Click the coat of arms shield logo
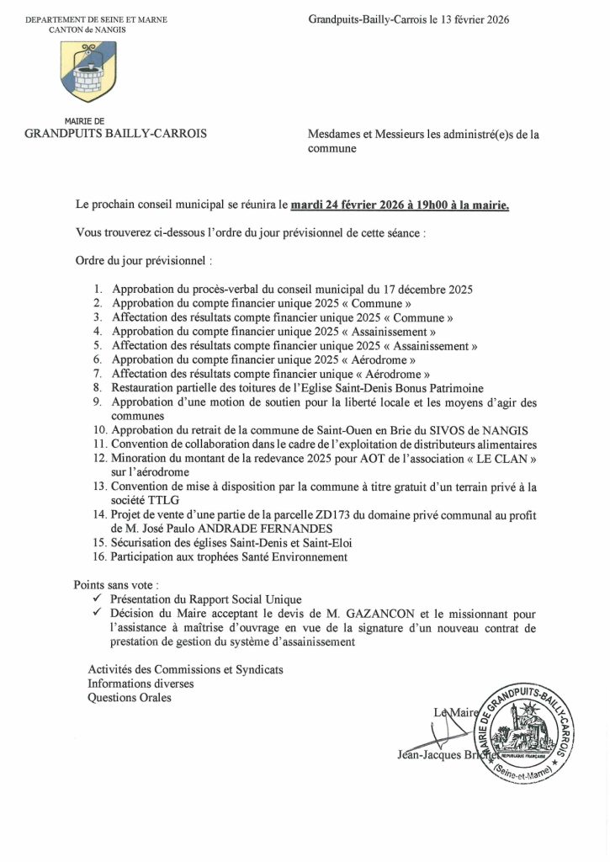(x=88, y=71)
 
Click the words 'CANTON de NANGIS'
(x=96, y=29)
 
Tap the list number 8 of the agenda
(x=97, y=388)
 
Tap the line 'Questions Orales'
(x=130, y=698)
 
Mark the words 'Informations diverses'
(x=141, y=684)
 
